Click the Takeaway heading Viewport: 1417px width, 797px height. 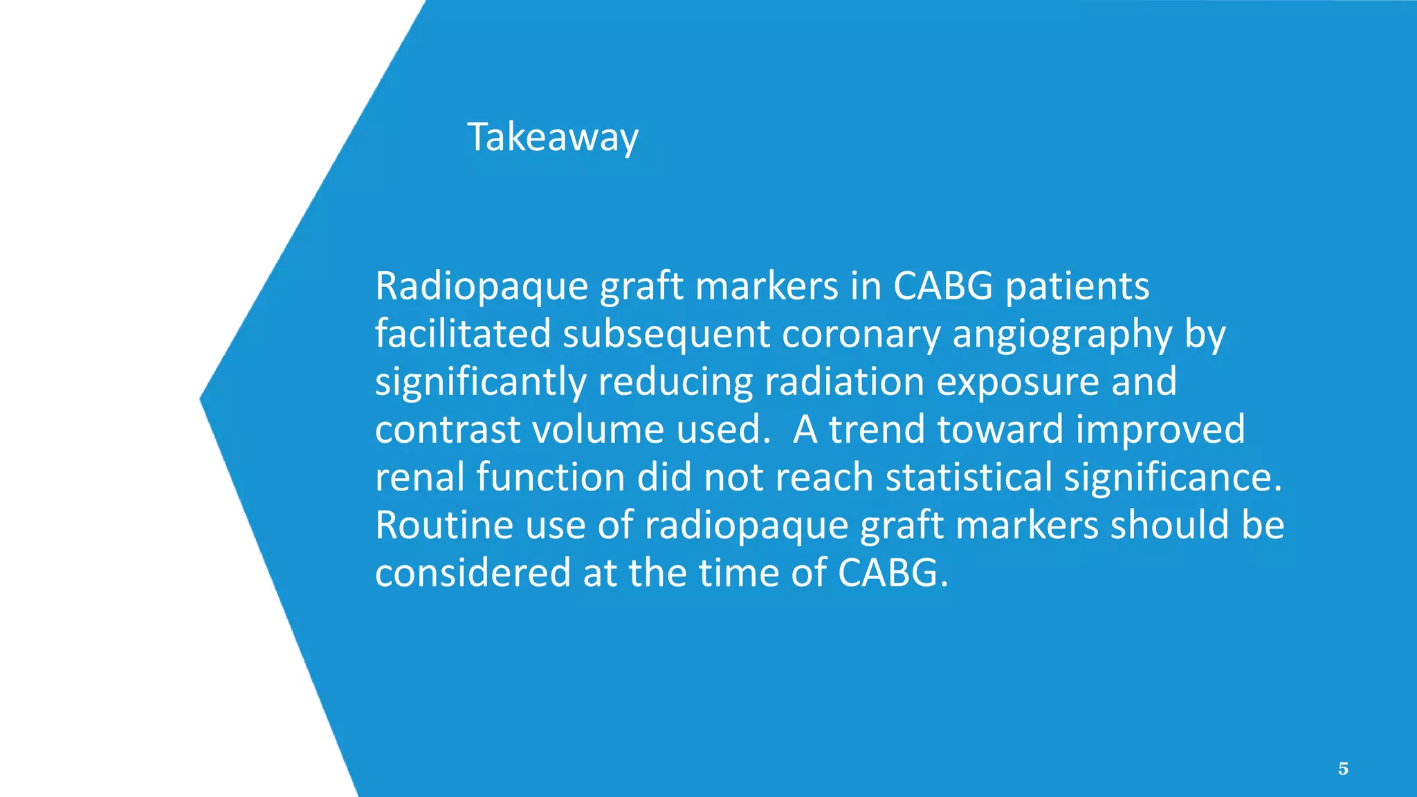tap(552, 137)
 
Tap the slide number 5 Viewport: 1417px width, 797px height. tap(1343, 769)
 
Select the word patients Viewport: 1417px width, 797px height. tap(1077, 286)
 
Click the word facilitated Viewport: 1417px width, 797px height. tap(462, 334)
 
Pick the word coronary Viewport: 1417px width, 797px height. tap(861, 334)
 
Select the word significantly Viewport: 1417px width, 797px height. tap(480, 382)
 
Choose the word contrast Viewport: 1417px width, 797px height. tap(447, 430)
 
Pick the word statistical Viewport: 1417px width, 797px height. tap(968, 477)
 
